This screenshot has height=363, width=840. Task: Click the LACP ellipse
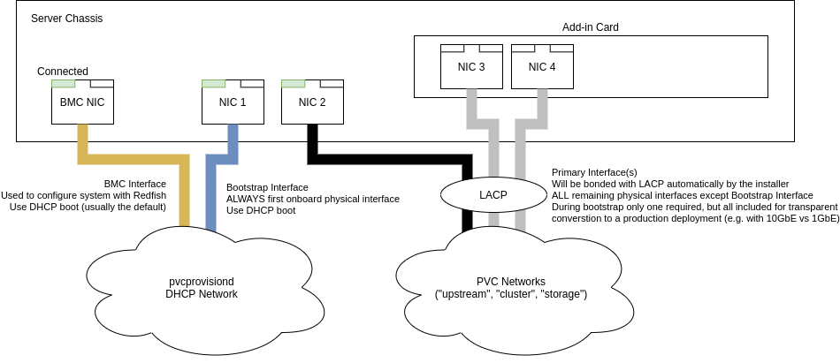pyautogui.click(x=493, y=194)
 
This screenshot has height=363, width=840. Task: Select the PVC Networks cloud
pyautogui.click(x=511, y=287)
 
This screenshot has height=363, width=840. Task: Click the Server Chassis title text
pyautogui.click(x=66, y=19)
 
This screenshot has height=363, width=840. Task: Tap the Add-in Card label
pyautogui.click(x=590, y=27)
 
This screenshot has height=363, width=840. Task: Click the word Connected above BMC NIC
pyautogui.click(x=63, y=72)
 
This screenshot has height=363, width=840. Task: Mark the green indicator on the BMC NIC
pyautogui.click(x=63, y=84)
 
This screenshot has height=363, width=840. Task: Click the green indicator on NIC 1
pyautogui.click(x=213, y=84)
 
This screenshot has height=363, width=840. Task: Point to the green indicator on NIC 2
pyautogui.click(x=293, y=84)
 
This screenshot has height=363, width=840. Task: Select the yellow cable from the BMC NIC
pyautogui.click(x=133, y=160)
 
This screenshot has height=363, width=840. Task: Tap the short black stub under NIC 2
pyautogui.click(x=312, y=132)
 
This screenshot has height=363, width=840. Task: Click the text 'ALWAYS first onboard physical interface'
pyautogui.click(x=312, y=199)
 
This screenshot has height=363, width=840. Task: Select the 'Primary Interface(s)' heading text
pyautogui.click(x=594, y=172)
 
